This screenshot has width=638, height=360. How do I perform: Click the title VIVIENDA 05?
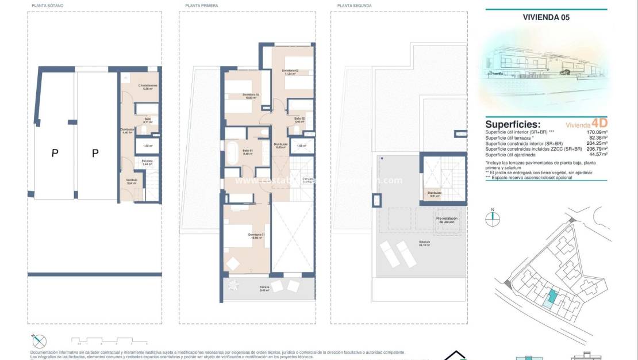[x=546, y=17]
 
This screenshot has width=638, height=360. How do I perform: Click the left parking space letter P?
[x=55, y=153]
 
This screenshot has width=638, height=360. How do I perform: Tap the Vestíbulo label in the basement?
[x=132, y=181]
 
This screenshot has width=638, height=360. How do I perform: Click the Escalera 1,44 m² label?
[x=147, y=163]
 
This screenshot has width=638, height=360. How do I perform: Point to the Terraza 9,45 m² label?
[x=264, y=289]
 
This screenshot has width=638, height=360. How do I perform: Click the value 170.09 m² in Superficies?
[x=596, y=132]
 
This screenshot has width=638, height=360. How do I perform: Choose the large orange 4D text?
[x=599, y=123]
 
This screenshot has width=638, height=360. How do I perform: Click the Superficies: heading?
[x=513, y=124]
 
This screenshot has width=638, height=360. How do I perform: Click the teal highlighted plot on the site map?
[x=552, y=298]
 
